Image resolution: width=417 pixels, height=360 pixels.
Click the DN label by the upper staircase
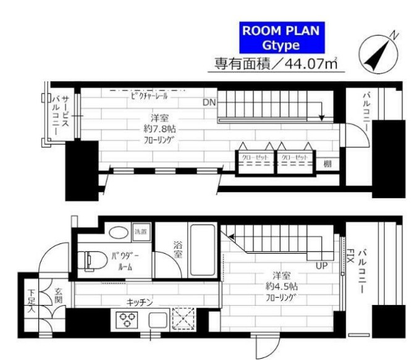coord(209,103)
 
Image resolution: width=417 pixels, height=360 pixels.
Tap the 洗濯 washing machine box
coord(140,232)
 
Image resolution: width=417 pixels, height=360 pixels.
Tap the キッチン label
coord(140,302)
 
